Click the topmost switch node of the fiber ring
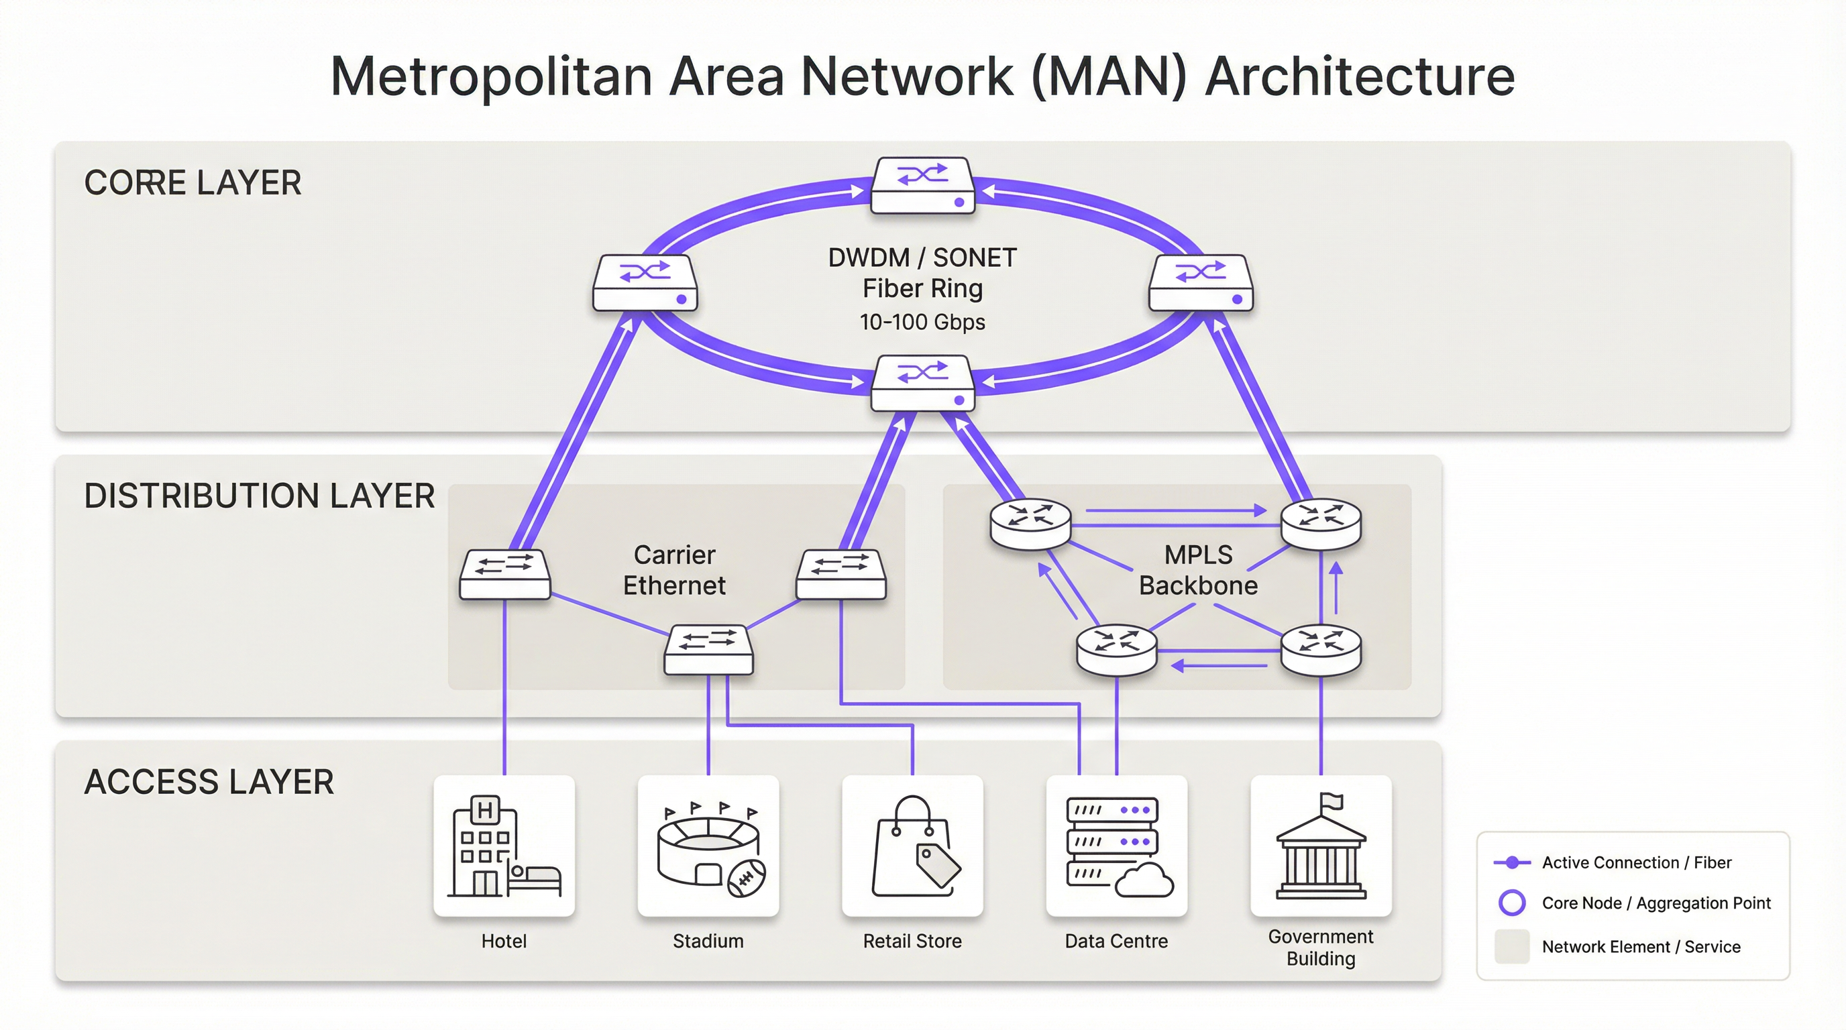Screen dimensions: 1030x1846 point(922,186)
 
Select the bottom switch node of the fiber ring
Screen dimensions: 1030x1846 point(922,384)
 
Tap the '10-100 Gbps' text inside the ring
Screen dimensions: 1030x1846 point(922,323)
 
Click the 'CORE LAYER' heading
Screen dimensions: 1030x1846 point(192,182)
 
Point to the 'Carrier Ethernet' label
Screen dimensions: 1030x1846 point(673,570)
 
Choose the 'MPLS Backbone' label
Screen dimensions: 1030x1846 point(1198,570)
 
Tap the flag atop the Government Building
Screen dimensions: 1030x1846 point(1333,801)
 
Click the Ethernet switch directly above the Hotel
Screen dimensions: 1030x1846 point(504,574)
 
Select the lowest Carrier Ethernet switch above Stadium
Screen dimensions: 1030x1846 point(708,650)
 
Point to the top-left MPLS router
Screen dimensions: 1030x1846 point(1030,524)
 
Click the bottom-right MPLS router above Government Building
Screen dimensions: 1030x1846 point(1321,650)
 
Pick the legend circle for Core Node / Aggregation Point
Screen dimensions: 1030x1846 point(1511,903)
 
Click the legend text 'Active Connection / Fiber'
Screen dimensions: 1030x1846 point(1636,862)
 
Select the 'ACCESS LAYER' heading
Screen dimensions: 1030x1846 point(209,781)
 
